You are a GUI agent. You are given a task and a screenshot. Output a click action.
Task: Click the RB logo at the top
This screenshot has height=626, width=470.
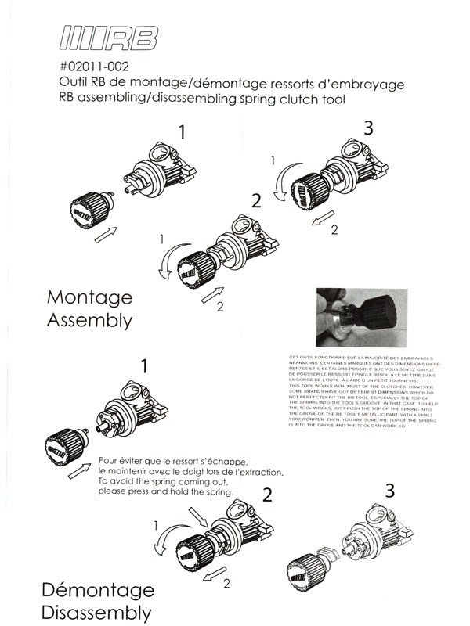pyautogui.click(x=109, y=38)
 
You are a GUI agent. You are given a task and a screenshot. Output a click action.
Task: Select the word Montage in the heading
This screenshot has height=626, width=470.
pyautogui.click(x=89, y=297)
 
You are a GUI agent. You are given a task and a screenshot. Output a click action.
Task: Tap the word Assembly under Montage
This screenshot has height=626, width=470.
pyautogui.click(x=89, y=320)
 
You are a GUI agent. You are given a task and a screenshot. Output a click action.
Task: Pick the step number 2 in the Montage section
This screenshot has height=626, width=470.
pyautogui.click(x=255, y=200)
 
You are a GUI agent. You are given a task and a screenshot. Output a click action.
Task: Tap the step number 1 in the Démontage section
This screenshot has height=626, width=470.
pyautogui.click(x=144, y=365)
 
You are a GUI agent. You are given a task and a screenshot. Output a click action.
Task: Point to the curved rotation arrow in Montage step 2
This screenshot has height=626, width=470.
pyautogui.click(x=167, y=263)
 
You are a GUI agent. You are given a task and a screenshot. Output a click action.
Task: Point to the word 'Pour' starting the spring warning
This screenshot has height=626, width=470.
pyautogui.click(x=112, y=460)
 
